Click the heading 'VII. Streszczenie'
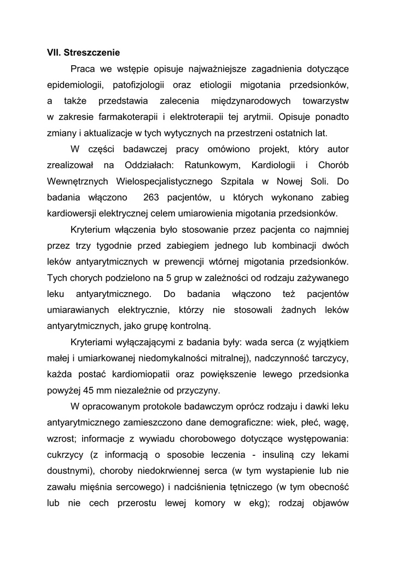tap(83, 53)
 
